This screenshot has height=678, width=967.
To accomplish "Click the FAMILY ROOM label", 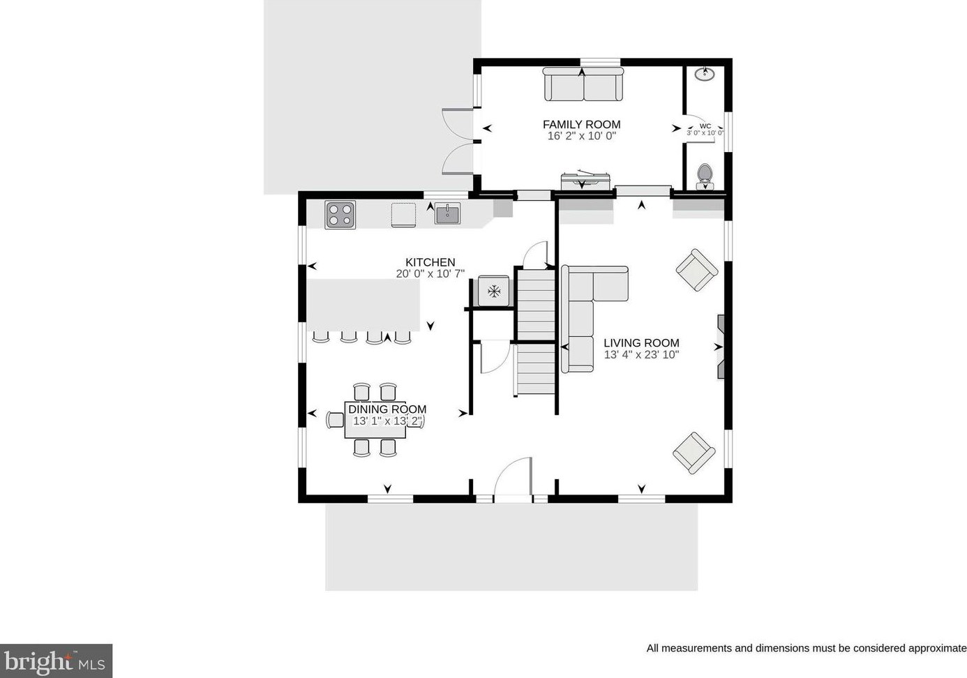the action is [x=581, y=124].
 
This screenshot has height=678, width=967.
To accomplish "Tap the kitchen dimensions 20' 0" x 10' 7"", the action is [x=430, y=273].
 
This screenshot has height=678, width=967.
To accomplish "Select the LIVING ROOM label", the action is [x=641, y=343].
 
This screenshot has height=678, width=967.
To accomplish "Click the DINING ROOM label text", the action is [x=387, y=409].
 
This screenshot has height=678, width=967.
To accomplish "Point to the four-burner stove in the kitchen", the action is [x=340, y=215].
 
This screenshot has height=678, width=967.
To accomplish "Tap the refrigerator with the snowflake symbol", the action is [x=493, y=291].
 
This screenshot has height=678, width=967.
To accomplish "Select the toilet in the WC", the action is [x=705, y=176].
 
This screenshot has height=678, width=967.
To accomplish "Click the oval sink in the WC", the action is [x=705, y=74].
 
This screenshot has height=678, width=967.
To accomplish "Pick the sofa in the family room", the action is [x=583, y=84].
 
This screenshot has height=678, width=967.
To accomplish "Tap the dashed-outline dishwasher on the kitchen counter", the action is [x=403, y=215].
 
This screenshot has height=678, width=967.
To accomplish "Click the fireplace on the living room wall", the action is [x=721, y=347].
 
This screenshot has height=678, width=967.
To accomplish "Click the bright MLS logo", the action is [x=56, y=661].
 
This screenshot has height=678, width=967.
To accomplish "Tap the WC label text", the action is [x=705, y=126].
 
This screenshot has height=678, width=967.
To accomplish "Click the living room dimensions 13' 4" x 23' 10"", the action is [x=641, y=355].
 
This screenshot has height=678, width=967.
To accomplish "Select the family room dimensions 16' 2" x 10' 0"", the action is [x=581, y=136].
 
